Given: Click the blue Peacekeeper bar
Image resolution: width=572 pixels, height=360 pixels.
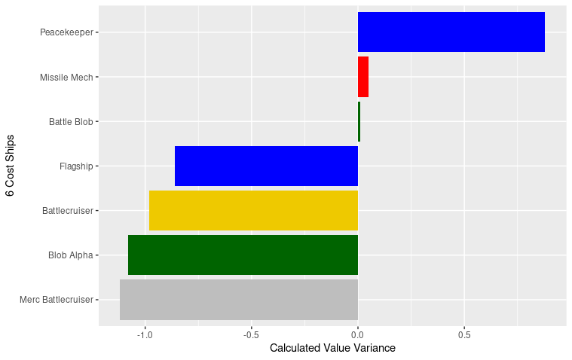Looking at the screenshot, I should point(451,32).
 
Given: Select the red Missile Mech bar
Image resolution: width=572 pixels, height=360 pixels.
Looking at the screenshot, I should point(363,77).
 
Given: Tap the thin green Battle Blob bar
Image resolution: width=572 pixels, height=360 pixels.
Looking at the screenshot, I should point(359,121).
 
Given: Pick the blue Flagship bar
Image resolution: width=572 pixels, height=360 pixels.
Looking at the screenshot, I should point(266,166).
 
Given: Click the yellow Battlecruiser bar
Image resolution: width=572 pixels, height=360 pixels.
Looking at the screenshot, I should point(253,210).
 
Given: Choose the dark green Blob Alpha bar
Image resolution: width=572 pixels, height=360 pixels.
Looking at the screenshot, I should point(243,255).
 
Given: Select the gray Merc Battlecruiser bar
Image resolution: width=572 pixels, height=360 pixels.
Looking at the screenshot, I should point(238,299).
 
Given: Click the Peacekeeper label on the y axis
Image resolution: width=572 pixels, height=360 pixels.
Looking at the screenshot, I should point(66,32).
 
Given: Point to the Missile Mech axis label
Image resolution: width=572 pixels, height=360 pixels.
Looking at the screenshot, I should point(66,77).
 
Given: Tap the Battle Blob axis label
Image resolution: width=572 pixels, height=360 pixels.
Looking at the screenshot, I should point(71,121).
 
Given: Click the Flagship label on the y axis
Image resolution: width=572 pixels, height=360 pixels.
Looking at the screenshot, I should point(76,166).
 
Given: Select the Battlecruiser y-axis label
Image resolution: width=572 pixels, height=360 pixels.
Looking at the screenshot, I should point(68,210).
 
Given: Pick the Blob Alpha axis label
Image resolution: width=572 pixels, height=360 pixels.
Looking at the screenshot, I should point(70,255).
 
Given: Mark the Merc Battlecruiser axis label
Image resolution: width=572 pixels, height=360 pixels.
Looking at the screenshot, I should point(57,299).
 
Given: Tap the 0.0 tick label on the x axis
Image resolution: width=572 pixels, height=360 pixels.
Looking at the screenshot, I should point(358,334).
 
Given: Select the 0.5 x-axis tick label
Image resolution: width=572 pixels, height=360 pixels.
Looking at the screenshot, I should point(464,334).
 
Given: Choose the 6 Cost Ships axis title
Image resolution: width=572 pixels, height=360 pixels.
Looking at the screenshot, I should point(10,166).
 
